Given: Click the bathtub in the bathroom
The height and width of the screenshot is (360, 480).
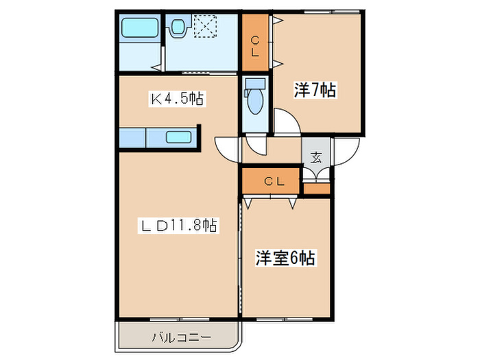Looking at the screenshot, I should (x=140, y=29).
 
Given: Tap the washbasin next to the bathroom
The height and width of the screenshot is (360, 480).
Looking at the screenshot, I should (x=179, y=28).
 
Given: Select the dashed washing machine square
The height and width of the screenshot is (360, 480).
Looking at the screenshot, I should (x=205, y=28).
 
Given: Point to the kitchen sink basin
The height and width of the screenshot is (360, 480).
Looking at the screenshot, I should (x=178, y=136).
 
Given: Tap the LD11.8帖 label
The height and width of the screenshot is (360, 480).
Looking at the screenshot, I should (x=180, y=224).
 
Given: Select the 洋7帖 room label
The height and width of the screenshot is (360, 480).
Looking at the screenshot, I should (x=315, y=89).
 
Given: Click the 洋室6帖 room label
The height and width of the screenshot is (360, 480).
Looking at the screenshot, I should (x=286, y=258).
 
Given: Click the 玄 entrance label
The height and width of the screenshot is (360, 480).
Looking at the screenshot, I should (x=317, y=156).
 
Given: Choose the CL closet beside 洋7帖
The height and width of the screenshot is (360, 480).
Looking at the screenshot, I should (x=255, y=43).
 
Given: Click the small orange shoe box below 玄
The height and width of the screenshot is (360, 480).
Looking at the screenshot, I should (x=317, y=187).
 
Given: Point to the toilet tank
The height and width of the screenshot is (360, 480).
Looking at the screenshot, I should (x=255, y=84).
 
